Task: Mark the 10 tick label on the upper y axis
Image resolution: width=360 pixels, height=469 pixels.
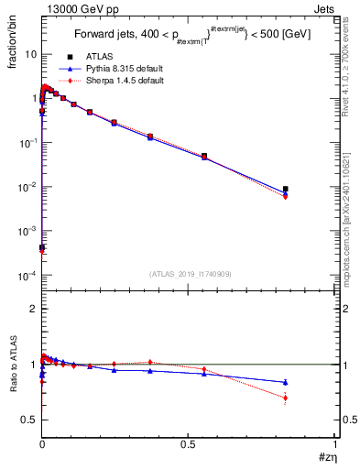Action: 30,54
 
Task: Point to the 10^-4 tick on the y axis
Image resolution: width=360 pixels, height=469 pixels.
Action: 27,276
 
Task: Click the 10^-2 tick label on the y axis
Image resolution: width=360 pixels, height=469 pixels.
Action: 27,187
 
